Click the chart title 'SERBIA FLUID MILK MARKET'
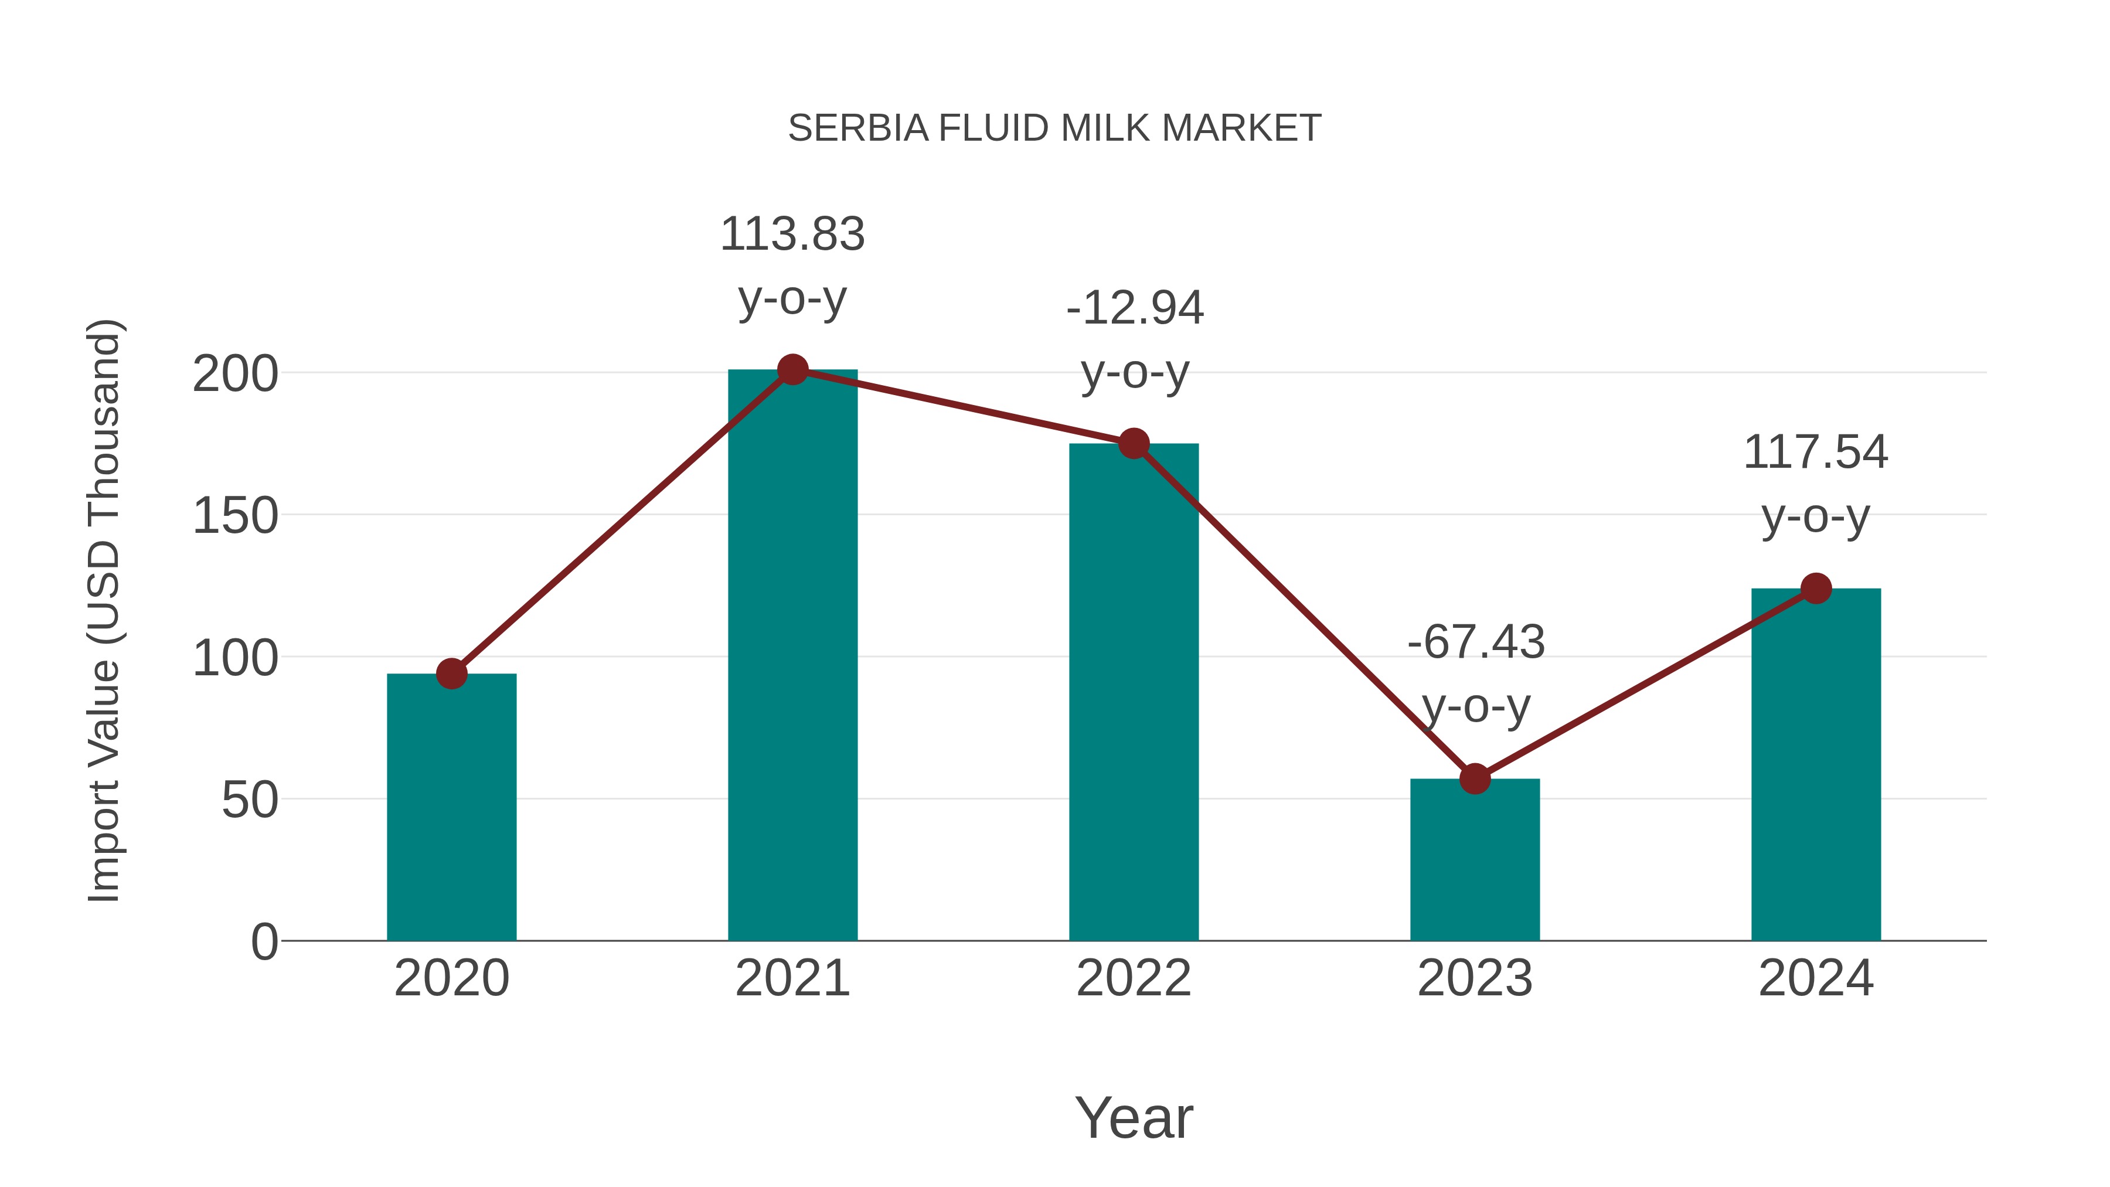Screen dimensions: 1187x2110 coord(1054,128)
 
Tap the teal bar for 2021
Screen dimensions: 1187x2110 coord(792,655)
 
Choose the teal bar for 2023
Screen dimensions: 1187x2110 coord(1475,860)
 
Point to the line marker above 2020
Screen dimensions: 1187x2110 coord(451,674)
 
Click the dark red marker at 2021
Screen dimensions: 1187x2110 coord(792,369)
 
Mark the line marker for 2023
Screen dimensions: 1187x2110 coord(1475,778)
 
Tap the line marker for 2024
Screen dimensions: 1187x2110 coord(1816,588)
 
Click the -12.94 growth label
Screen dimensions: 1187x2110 coord(1135,339)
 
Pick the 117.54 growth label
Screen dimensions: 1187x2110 coord(1816,484)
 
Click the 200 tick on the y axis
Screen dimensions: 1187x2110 coord(235,375)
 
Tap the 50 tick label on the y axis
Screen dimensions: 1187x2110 coord(249,800)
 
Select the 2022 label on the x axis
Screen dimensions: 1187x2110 coord(1134,978)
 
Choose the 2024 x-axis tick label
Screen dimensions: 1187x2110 coord(1816,978)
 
